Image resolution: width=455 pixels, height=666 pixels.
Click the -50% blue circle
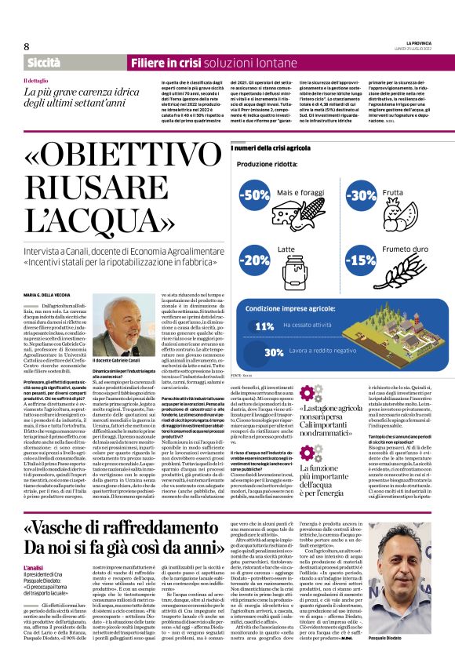click(x=255, y=195)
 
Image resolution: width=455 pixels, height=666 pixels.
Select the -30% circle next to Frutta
click(x=361, y=195)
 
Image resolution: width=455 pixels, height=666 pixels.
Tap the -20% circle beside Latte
click(x=255, y=259)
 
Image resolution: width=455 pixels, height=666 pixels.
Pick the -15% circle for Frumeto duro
click(x=361, y=259)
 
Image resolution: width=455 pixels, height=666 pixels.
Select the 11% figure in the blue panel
click(x=264, y=326)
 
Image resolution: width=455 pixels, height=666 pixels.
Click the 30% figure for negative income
click(x=252, y=353)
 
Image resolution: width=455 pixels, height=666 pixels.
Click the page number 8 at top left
click(x=26, y=46)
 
